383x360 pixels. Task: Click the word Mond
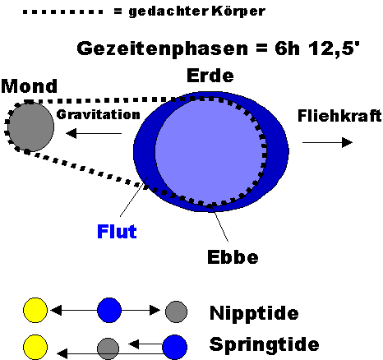[x=30, y=86]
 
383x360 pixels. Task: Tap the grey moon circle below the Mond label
[x=31, y=127]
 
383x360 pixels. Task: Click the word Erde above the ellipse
[x=210, y=76]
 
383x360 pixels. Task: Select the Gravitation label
[x=98, y=114]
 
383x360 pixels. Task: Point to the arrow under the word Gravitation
[x=94, y=134]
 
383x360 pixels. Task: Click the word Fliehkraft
[x=339, y=115]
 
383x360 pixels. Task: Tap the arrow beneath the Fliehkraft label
[x=327, y=142]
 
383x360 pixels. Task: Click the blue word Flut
[x=117, y=232]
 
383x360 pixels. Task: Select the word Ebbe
[x=233, y=257]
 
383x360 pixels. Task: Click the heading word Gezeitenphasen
[x=163, y=48]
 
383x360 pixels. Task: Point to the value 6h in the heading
[x=287, y=48]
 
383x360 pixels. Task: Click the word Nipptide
[x=254, y=313]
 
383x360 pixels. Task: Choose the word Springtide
[x=264, y=344]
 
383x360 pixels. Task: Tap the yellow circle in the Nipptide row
[x=35, y=310]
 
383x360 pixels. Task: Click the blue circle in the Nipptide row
[x=109, y=310]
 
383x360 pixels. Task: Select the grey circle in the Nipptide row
[x=176, y=312]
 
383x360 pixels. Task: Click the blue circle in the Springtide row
[x=175, y=347]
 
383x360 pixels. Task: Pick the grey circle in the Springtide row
[x=108, y=348]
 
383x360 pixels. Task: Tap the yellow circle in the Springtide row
[x=35, y=347]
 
